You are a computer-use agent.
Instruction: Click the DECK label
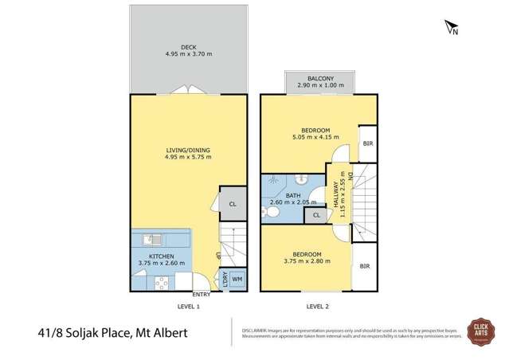point(188,48)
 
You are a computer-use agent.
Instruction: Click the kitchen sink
point(152,239)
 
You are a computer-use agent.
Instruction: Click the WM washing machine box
point(237,280)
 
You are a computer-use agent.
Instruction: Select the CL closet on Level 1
point(232,204)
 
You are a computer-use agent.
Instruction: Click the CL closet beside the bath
point(316,215)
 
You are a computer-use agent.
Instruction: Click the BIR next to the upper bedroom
point(367,143)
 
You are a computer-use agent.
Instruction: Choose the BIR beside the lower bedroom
point(365,267)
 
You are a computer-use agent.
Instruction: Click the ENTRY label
point(202,294)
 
